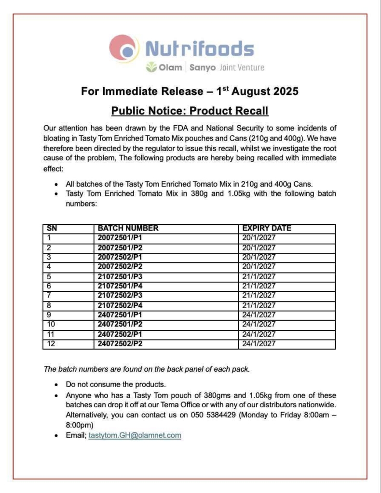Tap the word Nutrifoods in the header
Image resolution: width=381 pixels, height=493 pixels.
pyautogui.click(x=199, y=49)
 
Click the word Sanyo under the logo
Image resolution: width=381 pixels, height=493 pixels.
pyautogui.click(x=202, y=67)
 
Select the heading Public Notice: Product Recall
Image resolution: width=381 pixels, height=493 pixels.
pyautogui.click(x=190, y=111)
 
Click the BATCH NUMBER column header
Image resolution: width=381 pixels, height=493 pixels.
pyautogui.click(x=128, y=228)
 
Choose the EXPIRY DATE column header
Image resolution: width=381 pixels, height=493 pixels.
pyautogui.click(x=267, y=228)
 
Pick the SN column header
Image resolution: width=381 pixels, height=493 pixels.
pyautogui.click(x=51, y=228)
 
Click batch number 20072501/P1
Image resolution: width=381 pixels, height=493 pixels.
pyautogui.click(x=120, y=238)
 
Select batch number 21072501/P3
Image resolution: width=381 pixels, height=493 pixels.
pyautogui.click(x=120, y=276)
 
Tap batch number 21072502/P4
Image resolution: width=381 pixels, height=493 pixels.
pyautogui.click(x=120, y=305)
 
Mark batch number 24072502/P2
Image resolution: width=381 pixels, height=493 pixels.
pyautogui.click(x=120, y=344)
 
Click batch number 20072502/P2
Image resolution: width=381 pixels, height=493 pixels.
pyautogui.click(x=120, y=267)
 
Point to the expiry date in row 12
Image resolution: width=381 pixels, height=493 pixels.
pyautogui.click(x=259, y=344)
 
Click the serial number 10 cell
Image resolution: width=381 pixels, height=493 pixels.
pyautogui.click(x=52, y=324)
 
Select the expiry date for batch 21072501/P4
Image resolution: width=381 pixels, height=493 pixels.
pyautogui.click(x=259, y=286)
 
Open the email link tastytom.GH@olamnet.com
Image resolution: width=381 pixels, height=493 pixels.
pyautogui.click(x=135, y=435)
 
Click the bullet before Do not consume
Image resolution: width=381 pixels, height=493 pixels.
pyautogui.click(x=57, y=385)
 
